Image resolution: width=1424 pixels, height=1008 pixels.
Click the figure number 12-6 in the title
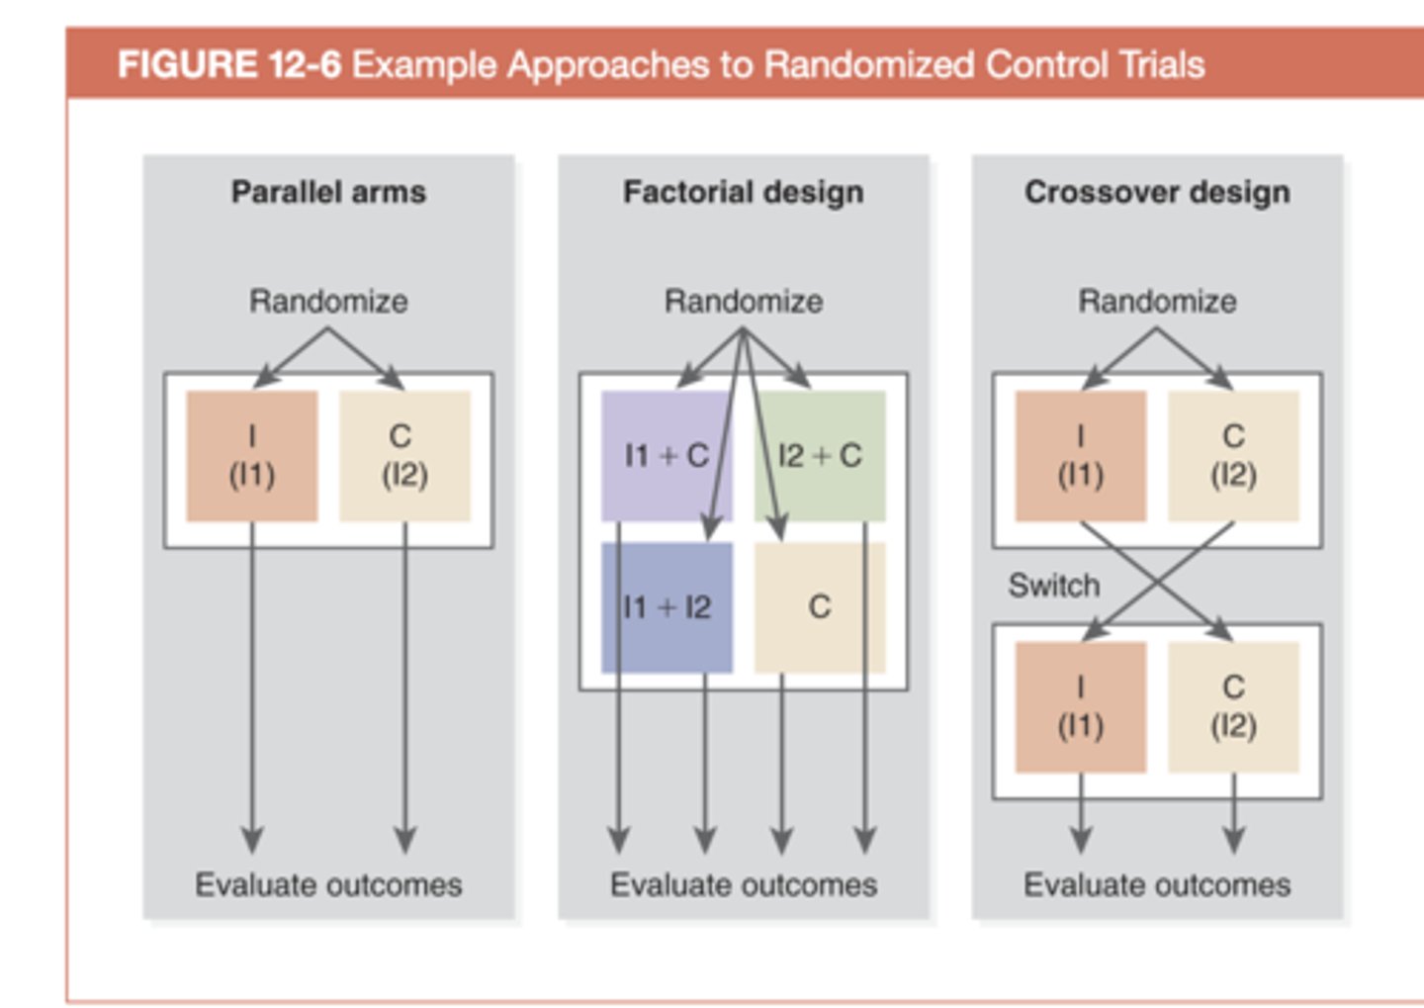point(304,65)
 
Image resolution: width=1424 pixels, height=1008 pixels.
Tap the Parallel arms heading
point(328,192)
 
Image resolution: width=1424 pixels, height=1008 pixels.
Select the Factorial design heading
point(743,192)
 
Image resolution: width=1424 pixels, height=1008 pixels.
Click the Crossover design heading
point(1157,192)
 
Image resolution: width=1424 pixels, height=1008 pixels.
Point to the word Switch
point(1053,586)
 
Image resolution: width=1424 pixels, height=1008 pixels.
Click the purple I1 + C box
point(666,456)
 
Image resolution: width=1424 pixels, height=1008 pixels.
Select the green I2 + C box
point(820,456)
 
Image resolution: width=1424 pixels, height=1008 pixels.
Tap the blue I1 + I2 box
point(666,607)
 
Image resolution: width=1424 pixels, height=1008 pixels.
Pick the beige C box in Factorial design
point(820,607)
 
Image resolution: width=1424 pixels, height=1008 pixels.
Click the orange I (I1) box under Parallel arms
point(252,456)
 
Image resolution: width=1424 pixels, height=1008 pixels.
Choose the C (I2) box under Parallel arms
point(404,456)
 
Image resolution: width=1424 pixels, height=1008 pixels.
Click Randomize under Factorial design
point(743,301)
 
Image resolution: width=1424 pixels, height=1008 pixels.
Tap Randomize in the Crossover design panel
point(1157,301)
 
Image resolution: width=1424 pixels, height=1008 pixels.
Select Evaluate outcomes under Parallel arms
point(328,884)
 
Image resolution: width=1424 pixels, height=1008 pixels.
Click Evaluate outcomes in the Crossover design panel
point(1157,884)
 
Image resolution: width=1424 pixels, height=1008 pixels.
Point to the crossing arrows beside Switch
point(1158,581)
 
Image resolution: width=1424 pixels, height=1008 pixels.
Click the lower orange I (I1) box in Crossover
point(1081,707)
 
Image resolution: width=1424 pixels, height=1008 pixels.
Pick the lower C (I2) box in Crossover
point(1233,707)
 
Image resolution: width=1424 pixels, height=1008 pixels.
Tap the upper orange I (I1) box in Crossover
point(1081,456)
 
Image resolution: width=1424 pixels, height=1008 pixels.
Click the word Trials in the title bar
point(1162,65)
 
